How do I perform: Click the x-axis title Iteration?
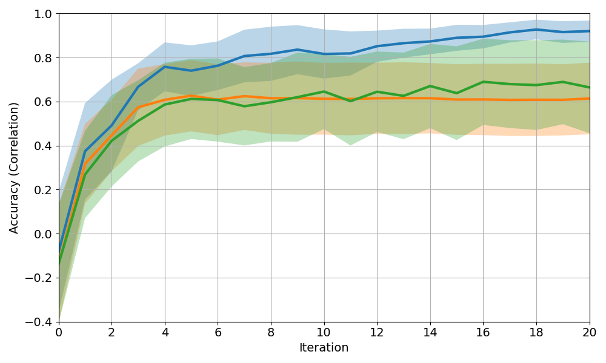[x=324, y=348]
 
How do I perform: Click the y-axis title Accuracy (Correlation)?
[x=15, y=168]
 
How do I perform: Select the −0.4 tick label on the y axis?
[x=38, y=322]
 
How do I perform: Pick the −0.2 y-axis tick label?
[x=38, y=278]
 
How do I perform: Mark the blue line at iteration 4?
[x=165, y=67]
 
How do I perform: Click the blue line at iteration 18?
[x=536, y=30]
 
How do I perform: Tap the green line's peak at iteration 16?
[x=484, y=82]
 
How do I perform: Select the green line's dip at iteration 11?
[x=351, y=101]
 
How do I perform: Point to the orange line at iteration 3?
[x=138, y=108]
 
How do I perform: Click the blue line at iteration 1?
[x=85, y=151]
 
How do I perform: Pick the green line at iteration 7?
[x=244, y=106]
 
